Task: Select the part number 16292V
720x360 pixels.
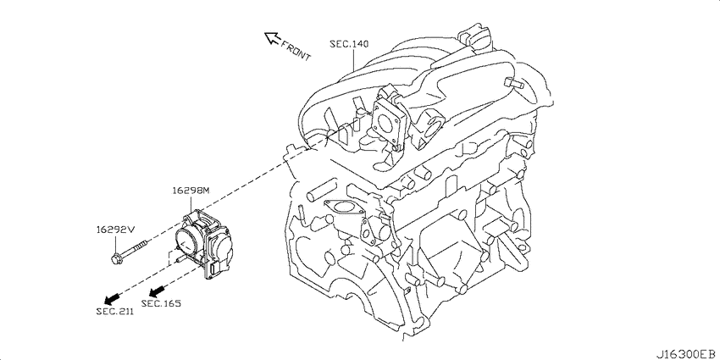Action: coord(115,230)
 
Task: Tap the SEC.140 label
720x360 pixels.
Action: coord(349,44)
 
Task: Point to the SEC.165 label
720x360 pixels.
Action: coord(161,303)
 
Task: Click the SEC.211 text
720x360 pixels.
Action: coord(115,312)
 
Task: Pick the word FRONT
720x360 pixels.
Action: coord(296,51)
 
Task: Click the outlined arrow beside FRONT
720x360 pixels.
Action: coord(272,38)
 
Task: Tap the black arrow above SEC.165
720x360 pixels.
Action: coord(157,291)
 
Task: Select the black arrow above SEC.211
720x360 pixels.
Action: coord(112,299)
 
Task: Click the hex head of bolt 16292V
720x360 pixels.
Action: coord(115,259)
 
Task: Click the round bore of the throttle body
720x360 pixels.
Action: coord(189,239)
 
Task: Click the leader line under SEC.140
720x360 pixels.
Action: coord(353,60)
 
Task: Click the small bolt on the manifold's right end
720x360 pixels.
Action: coord(514,84)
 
